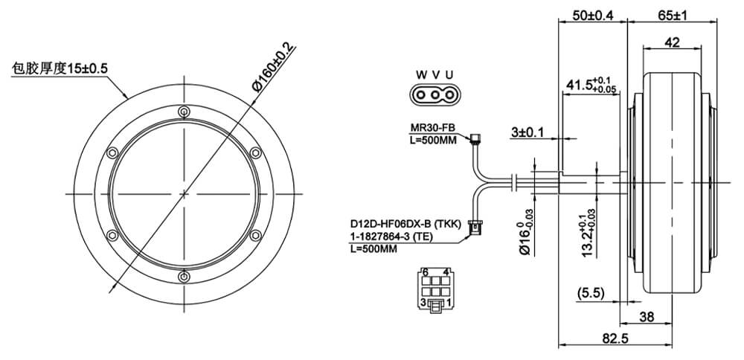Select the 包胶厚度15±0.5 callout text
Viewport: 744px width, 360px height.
pyautogui.click(x=60, y=68)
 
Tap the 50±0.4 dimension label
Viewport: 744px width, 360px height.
pyautogui.click(x=593, y=15)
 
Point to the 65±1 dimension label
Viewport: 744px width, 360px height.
pyautogui.click(x=672, y=15)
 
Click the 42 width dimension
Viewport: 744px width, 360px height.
pyautogui.click(x=672, y=42)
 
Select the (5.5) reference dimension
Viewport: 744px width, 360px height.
pyautogui.click(x=591, y=294)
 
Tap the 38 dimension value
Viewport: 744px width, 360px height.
pyautogui.click(x=647, y=316)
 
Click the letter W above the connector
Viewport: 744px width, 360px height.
pyautogui.click(x=421, y=75)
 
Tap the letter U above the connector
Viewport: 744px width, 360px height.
pyautogui.click(x=449, y=75)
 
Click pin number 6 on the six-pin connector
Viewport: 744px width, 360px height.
pyautogui.click(x=425, y=272)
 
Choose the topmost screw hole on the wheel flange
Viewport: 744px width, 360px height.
pyautogui.click(x=184, y=112)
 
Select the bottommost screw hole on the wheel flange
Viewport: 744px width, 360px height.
pyautogui.click(x=184, y=276)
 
